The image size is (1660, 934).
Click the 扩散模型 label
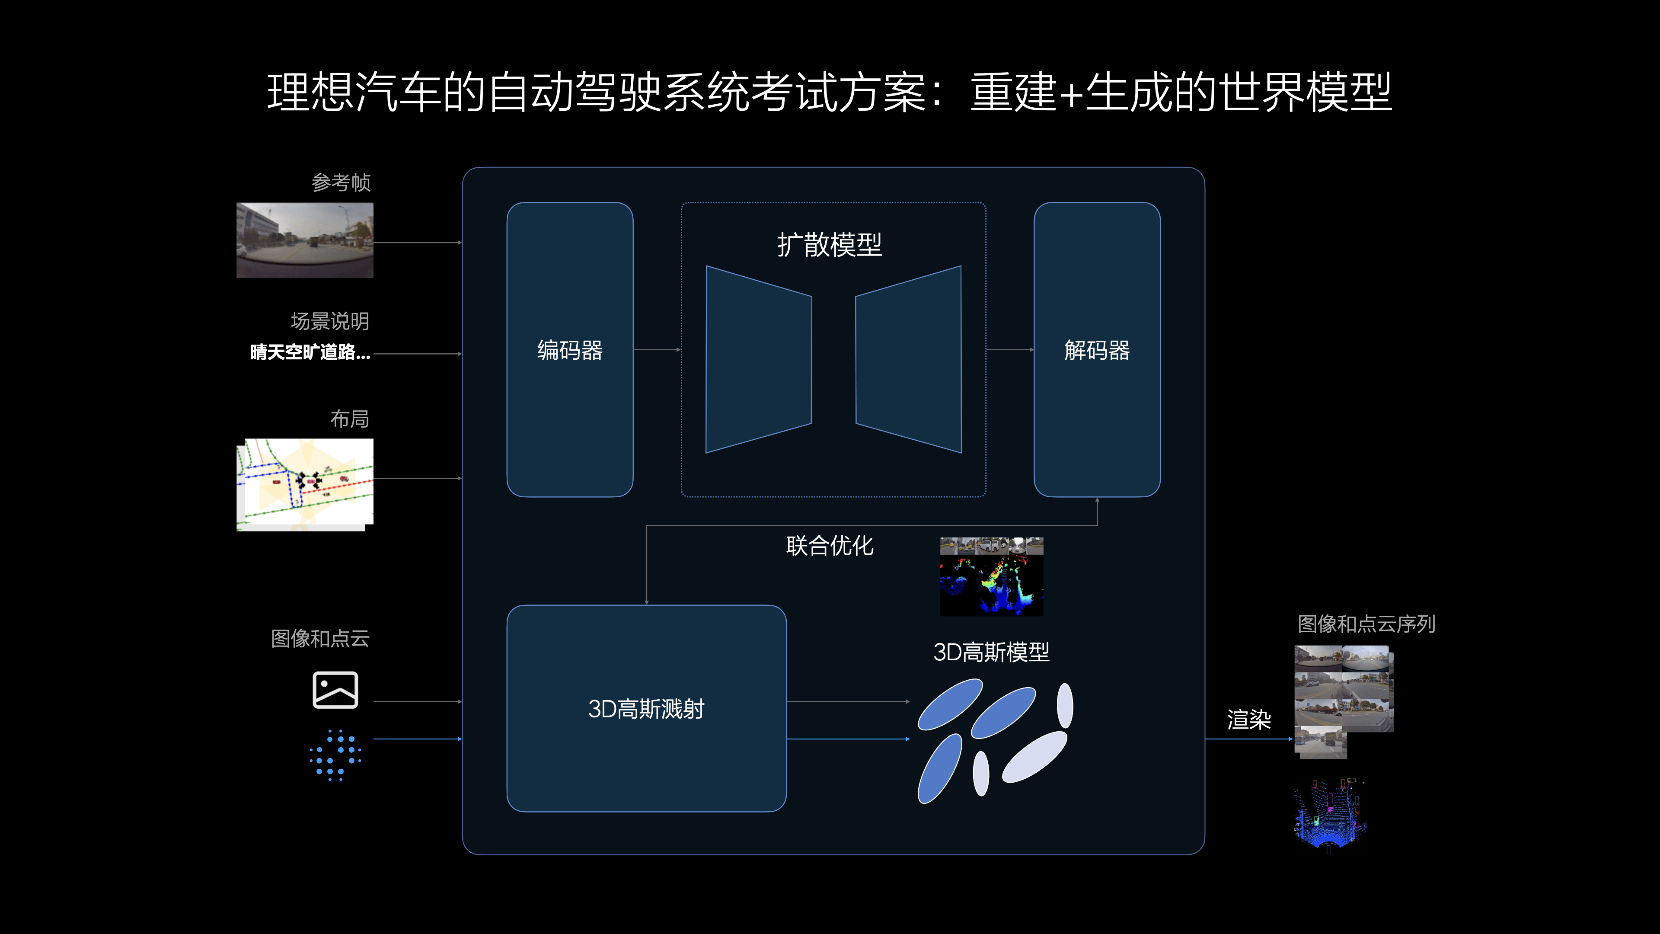830,245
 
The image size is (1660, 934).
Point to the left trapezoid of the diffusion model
759,359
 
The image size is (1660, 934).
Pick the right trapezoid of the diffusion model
909,359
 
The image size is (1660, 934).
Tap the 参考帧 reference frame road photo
305,240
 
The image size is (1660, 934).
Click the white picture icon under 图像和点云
335,690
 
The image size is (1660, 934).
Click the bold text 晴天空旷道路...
310,352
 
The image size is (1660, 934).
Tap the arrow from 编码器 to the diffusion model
657,349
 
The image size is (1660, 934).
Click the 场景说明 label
330,321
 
